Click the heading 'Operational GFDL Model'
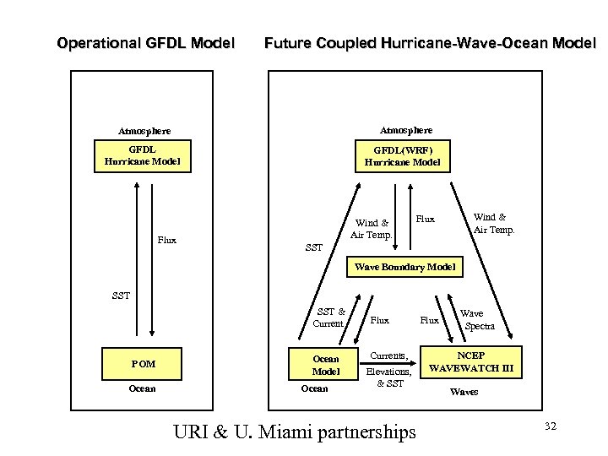(144, 42)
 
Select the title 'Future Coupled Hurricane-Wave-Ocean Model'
(430, 42)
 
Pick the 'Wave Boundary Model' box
(405, 268)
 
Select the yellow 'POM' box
(144, 364)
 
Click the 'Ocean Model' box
(326, 364)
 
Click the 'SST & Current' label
(329, 318)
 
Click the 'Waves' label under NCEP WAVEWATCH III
(464, 392)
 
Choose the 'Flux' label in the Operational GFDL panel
(166, 239)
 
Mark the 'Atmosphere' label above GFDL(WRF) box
(406, 130)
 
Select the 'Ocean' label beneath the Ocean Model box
(314, 389)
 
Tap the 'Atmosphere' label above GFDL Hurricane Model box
(144, 131)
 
